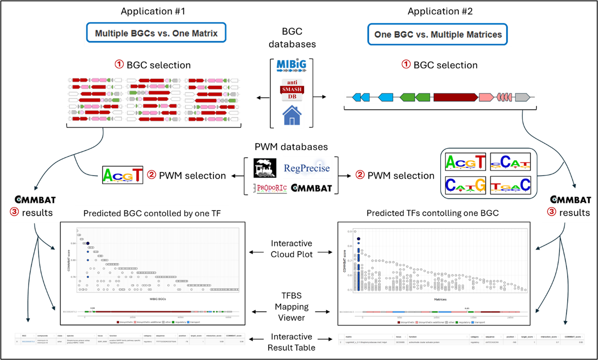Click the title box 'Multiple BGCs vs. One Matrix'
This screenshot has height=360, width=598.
tap(156, 33)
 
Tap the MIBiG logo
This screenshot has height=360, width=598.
tap(291, 65)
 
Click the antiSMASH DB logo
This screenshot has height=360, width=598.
tap(292, 90)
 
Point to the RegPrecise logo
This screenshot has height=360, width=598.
tap(308, 168)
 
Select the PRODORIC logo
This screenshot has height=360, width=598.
tap(272, 188)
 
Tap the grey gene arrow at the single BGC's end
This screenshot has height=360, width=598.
tap(522, 98)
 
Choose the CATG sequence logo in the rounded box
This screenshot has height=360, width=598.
tap(466, 185)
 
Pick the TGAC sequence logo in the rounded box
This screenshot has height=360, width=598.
tap(510, 185)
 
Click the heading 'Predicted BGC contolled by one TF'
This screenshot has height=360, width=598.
tap(152, 213)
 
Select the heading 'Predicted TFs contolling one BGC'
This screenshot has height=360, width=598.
tap(432, 213)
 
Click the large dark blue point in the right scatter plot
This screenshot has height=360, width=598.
tap(359, 239)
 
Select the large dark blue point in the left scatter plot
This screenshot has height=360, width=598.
tap(88, 243)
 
